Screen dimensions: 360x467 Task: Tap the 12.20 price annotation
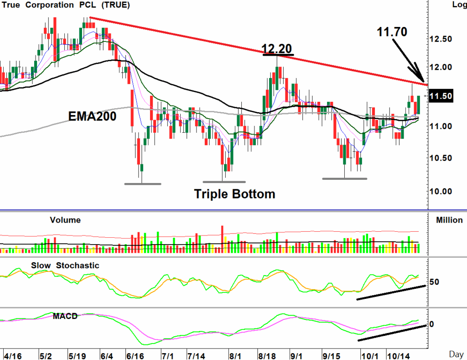pyautogui.click(x=277, y=48)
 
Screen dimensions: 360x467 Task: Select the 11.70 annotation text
pyautogui.click(x=392, y=31)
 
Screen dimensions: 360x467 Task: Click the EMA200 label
pyautogui.click(x=92, y=116)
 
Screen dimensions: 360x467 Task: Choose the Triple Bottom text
pyautogui.click(x=235, y=194)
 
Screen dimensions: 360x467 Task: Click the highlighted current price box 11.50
pyautogui.click(x=440, y=96)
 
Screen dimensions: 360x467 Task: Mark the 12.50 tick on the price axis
pyautogui.click(x=440, y=38)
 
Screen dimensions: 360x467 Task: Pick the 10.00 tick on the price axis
pyautogui.click(x=440, y=191)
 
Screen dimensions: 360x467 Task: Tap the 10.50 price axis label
pyautogui.click(x=440, y=158)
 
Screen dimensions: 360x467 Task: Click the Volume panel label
pyautogui.click(x=65, y=220)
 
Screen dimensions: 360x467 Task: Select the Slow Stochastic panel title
pyautogui.click(x=65, y=265)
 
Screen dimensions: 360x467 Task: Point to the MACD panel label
pyautogui.click(x=65, y=316)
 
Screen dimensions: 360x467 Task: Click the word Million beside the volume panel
pyautogui.click(x=449, y=220)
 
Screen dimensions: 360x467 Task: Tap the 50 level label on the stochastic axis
pyautogui.click(x=435, y=282)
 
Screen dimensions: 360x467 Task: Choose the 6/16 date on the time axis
pyautogui.click(x=135, y=355)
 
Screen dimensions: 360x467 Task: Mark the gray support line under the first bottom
pyautogui.click(x=143, y=184)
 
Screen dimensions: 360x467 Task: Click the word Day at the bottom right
pyautogui.click(x=456, y=354)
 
